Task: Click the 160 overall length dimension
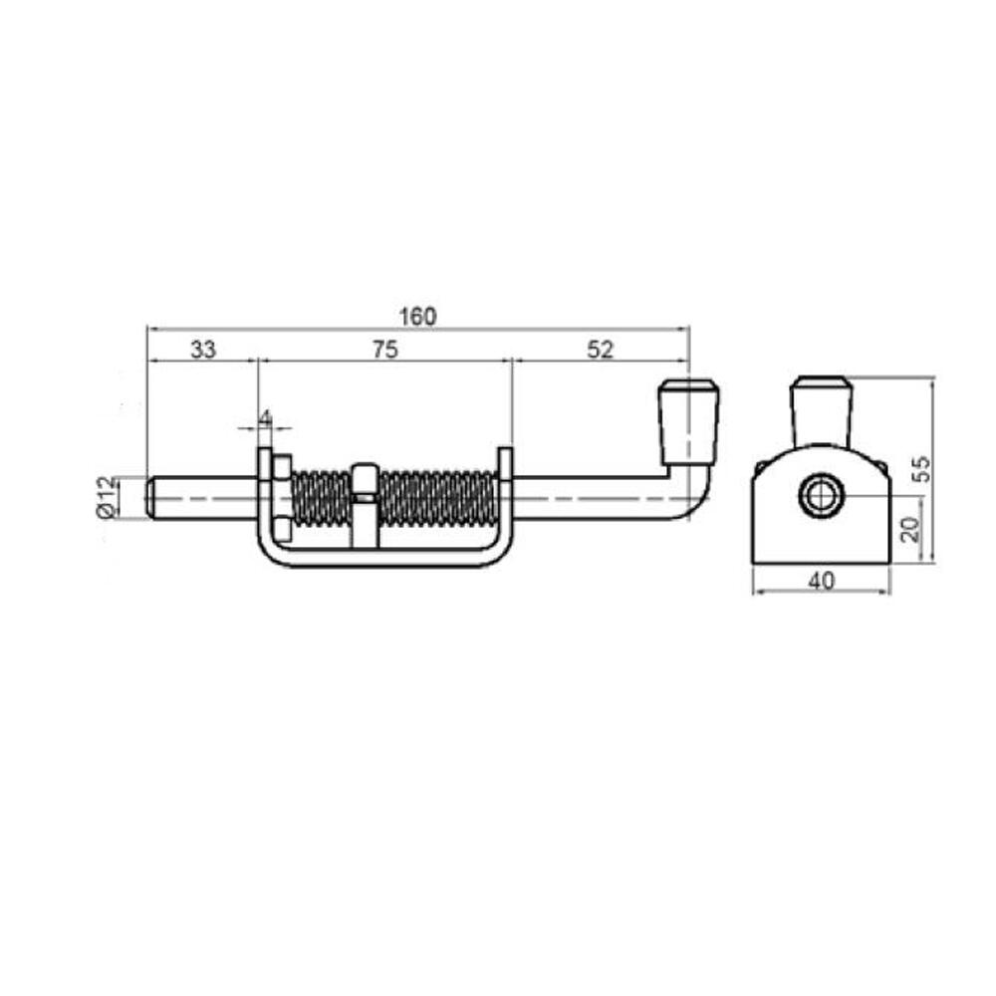417,317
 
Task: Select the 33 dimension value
203,350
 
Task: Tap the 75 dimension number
384,350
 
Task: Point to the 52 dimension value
601,350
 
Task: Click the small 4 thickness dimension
266,417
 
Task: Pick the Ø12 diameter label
108,497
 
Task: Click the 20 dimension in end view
910,529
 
